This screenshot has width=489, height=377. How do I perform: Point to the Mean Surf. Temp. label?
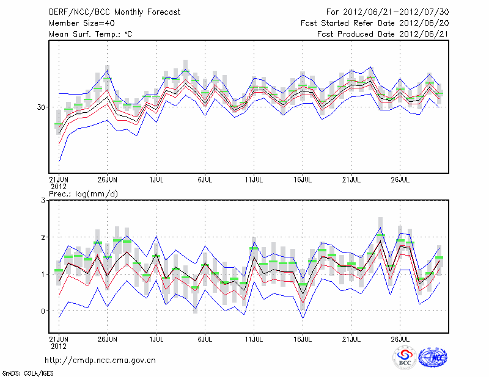(x=90, y=34)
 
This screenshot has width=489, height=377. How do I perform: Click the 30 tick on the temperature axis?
(x=41, y=107)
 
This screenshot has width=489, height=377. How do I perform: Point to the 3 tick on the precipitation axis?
(x=43, y=201)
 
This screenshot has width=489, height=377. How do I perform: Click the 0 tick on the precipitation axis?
(x=43, y=311)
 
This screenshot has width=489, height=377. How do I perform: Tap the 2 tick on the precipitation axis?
(x=43, y=237)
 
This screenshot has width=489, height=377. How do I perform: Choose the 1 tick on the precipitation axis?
(x=43, y=275)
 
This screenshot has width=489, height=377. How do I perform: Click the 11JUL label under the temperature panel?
(x=254, y=180)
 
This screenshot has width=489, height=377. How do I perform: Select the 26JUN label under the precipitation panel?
(x=108, y=339)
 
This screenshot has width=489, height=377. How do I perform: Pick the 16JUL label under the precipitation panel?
(x=303, y=339)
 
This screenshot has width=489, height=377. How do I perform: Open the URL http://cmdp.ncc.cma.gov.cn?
(x=100, y=361)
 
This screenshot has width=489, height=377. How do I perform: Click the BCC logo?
(x=405, y=358)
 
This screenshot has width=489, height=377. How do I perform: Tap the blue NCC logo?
(x=433, y=358)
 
